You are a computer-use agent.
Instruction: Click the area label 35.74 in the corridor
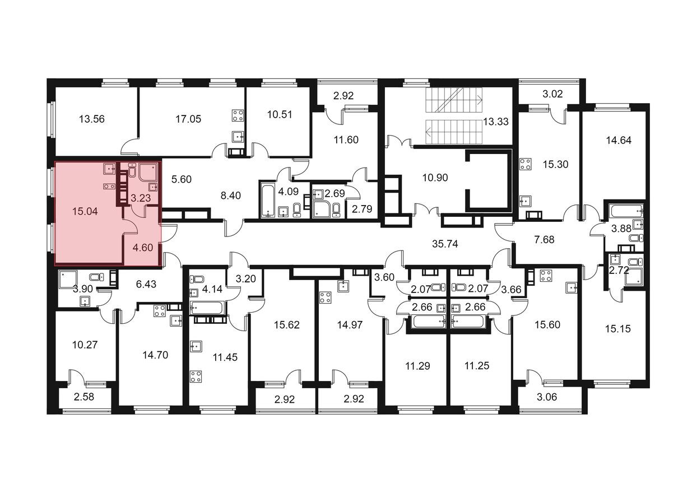coord(445,244)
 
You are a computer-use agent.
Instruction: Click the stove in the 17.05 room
coord(238,116)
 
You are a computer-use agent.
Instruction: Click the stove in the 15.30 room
coord(526,164)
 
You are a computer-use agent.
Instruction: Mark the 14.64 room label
coord(618,141)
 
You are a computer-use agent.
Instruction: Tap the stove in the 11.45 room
coord(196,376)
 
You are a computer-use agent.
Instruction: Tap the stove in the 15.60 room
coord(545,276)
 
